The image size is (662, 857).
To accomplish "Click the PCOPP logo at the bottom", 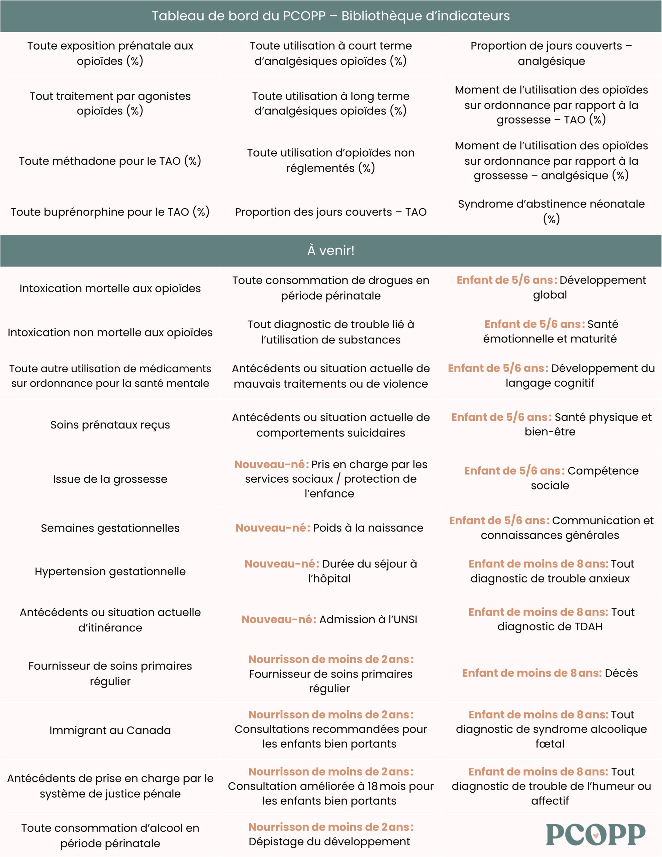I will [595, 834].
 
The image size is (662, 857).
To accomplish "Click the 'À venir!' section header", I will [330, 250].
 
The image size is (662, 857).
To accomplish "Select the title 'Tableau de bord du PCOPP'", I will [330, 16].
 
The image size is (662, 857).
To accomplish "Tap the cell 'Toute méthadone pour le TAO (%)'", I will [110, 161].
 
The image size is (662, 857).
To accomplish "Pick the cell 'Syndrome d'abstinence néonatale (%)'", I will [551, 212].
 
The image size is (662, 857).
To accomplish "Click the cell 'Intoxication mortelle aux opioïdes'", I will [110, 289].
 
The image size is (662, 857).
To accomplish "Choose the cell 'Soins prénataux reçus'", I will [110, 424].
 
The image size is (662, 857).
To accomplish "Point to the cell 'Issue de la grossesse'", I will [110, 479].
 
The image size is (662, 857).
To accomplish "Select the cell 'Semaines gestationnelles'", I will [110, 528].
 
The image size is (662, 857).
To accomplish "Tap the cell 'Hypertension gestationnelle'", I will [110, 571].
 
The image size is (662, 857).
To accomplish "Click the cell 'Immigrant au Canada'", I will [110, 730].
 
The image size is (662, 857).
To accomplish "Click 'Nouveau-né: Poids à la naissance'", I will [329, 528].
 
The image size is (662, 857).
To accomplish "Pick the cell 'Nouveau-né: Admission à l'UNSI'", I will [329, 619].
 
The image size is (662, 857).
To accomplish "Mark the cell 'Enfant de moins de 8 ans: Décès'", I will [550, 673].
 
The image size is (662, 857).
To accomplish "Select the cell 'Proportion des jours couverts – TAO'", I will [330, 212].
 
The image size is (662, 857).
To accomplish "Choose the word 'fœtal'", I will [550, 744].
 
